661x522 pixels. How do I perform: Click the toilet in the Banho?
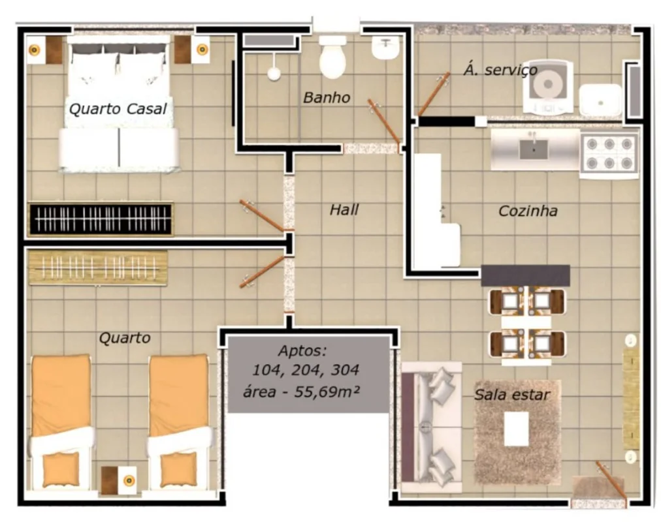pos(332,57)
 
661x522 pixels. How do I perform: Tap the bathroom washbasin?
pos(386,48)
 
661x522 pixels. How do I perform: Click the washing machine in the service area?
pos(548,87)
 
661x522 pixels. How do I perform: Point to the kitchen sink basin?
pos(534,149)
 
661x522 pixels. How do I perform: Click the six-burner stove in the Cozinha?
pos(609,154)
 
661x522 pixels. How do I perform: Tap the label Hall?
pos(344,209)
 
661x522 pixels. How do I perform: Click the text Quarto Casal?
pos(118,108)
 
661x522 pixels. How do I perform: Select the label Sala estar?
pos(512,395)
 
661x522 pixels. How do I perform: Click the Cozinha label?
pos(528,211)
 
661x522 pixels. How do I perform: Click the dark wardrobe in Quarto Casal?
pos(101,219)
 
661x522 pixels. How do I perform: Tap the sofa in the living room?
pos(431,426)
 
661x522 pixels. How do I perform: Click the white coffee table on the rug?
pos(517,429)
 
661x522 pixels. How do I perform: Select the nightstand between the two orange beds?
pos(119,480)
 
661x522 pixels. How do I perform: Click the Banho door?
pos(383,121)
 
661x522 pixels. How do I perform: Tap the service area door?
pos(434,95)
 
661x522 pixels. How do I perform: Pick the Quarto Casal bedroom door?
pos(261,215)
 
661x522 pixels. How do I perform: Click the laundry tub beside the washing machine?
pos(600,100)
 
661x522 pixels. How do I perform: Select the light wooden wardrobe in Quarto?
pos(98,268)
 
